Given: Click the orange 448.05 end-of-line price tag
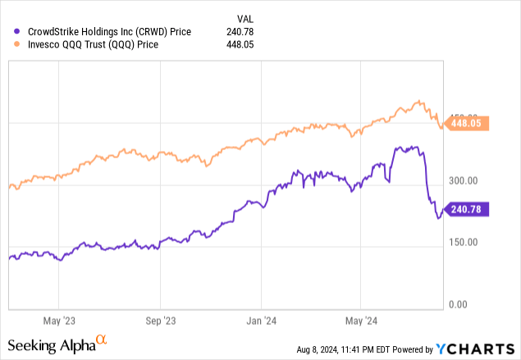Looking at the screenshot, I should point(467,124).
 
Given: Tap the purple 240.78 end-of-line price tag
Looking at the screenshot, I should point(467,209).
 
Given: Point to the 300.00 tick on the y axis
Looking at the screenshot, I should point(468,180).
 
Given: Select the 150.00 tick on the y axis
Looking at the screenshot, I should point(468,242).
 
